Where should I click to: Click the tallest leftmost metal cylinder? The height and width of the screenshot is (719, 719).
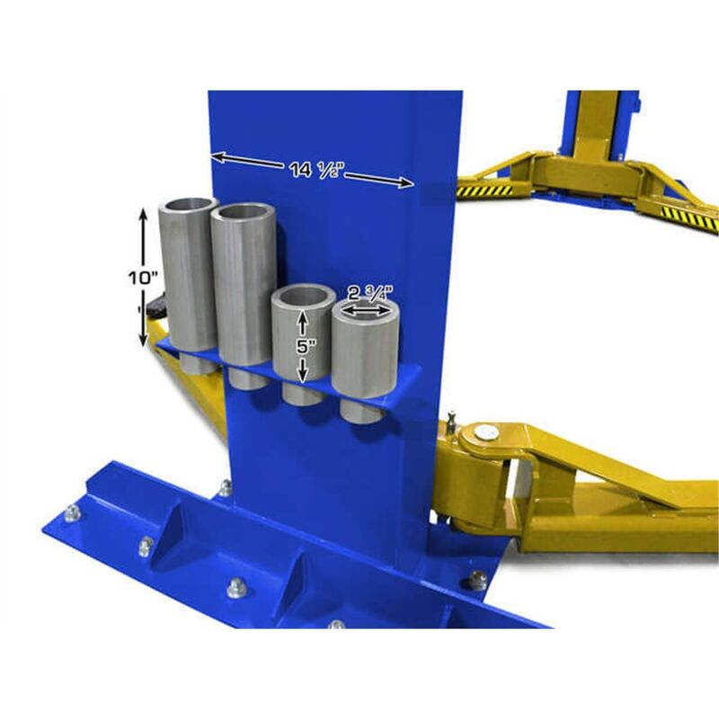tap(187, 279)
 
